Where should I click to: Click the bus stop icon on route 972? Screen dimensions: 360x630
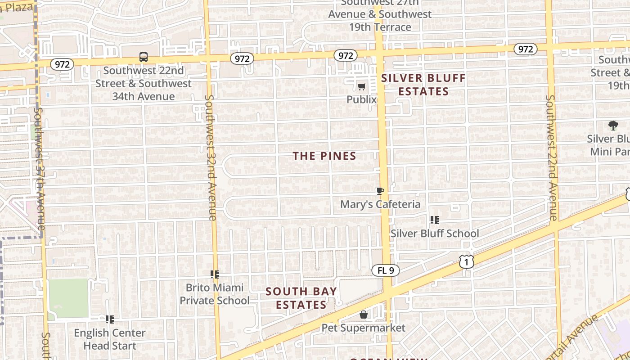pyautogui.click(x=144, y=57)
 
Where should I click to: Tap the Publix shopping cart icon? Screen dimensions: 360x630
pyautogui.click(x=361, y=86)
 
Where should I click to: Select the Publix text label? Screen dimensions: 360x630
pyautogui.click(x=361, y=99)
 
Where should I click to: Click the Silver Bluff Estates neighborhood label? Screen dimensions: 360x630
pyautogui.click(x=423, y=85)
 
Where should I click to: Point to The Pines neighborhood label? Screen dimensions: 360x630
pyautogui.click(x=324, y=156)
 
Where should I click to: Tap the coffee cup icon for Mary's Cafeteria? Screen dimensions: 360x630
pyautogui.click(x=380, y=191)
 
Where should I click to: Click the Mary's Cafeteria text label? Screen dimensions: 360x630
pyautogui.click(x=380, y=204)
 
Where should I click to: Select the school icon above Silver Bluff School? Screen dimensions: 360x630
pyautogui.click(x=435, y=220)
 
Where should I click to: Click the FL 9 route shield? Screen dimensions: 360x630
pyautogui.click(x=386, y=270)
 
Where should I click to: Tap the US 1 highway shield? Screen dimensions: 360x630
pyautogui.click(x=467, y=261)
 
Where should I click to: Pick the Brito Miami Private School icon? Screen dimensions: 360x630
pyautogui.click(x=215, y=274)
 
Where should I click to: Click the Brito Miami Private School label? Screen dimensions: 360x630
pyautogui.click(x=215, y=294)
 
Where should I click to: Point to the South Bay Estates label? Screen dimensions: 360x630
pyautogui.click(x=301, y=298)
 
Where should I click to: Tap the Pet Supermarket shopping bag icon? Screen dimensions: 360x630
pyautogui.click(x=364, y=315)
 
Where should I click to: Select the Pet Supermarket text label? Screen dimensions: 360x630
pyautogui.click(x=364, y=328)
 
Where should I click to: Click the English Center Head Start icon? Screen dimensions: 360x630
pyautogui.click(x=110, y=319)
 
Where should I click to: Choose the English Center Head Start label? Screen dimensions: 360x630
pyautogui.click(x=110, y=339)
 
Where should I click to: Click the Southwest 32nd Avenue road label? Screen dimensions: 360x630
pyautogui.click(x=211, y=157)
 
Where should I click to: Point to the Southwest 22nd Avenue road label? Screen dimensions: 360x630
pyautogui.click(x=552, y=157)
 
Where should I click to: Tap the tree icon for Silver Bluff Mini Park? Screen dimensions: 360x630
pyautogui.click(x=613, y=126)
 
